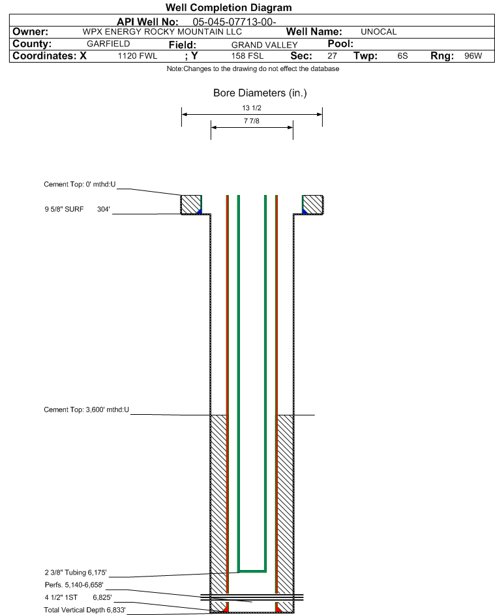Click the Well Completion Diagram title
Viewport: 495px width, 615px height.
click(229, 7)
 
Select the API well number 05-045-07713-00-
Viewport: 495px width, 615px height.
click(234, 22)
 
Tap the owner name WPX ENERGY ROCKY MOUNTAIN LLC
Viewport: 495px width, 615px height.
click(162, 32)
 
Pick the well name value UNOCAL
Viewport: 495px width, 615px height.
click(378, 32)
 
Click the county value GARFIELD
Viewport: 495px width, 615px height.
click(108, 44)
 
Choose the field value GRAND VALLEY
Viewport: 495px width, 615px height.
click(264, 45)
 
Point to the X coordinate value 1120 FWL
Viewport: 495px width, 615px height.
click(137, 55)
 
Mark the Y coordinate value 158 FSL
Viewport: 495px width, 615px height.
click(247, 55)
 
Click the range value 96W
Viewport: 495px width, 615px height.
click(473, 55)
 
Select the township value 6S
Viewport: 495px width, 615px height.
click(402, 55)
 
